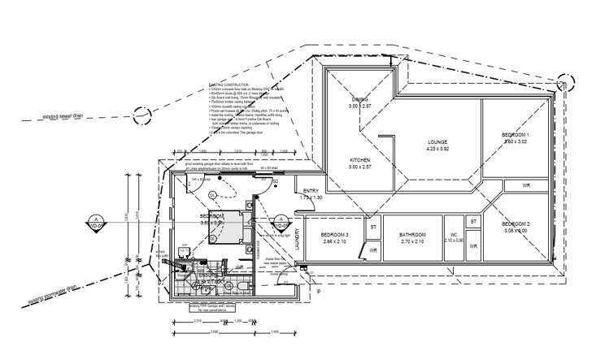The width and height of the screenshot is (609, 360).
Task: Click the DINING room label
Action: (x=359, y=99)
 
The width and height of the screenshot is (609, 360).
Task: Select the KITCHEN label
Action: (x=360, y=159)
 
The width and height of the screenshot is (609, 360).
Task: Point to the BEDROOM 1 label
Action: (x=515, y=134)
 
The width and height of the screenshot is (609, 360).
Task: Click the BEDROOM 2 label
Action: (x=515, y=223)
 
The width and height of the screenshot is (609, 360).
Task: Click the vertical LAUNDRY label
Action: (x=298, y=239)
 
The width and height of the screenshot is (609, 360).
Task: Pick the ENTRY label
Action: (x=311, y=190)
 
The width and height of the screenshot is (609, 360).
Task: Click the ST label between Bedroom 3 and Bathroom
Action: (x=373, y=228)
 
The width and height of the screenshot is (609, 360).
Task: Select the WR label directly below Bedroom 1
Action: (x=527, y=185)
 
